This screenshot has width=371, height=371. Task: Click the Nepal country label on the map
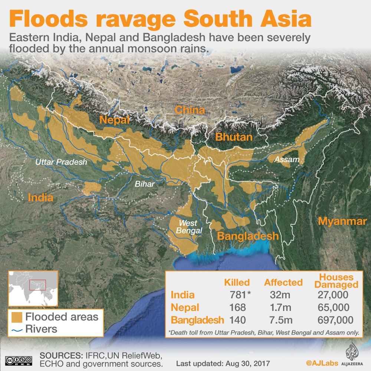114,120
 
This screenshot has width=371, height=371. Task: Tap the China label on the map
190,110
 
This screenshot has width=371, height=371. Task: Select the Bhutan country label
234,137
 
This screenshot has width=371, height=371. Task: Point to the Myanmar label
342,221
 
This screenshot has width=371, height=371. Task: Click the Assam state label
284,160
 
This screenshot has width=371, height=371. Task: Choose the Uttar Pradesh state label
61,162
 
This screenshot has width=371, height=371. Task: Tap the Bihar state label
145,183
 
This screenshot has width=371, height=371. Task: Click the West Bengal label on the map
190,227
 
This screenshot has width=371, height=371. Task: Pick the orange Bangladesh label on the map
247,236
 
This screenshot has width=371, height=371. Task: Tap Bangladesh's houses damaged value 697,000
335,320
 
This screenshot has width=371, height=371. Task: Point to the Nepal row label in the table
185,307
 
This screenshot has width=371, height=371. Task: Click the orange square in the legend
17,317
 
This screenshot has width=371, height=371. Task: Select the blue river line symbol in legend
17,329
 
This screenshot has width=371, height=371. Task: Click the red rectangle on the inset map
37,285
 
